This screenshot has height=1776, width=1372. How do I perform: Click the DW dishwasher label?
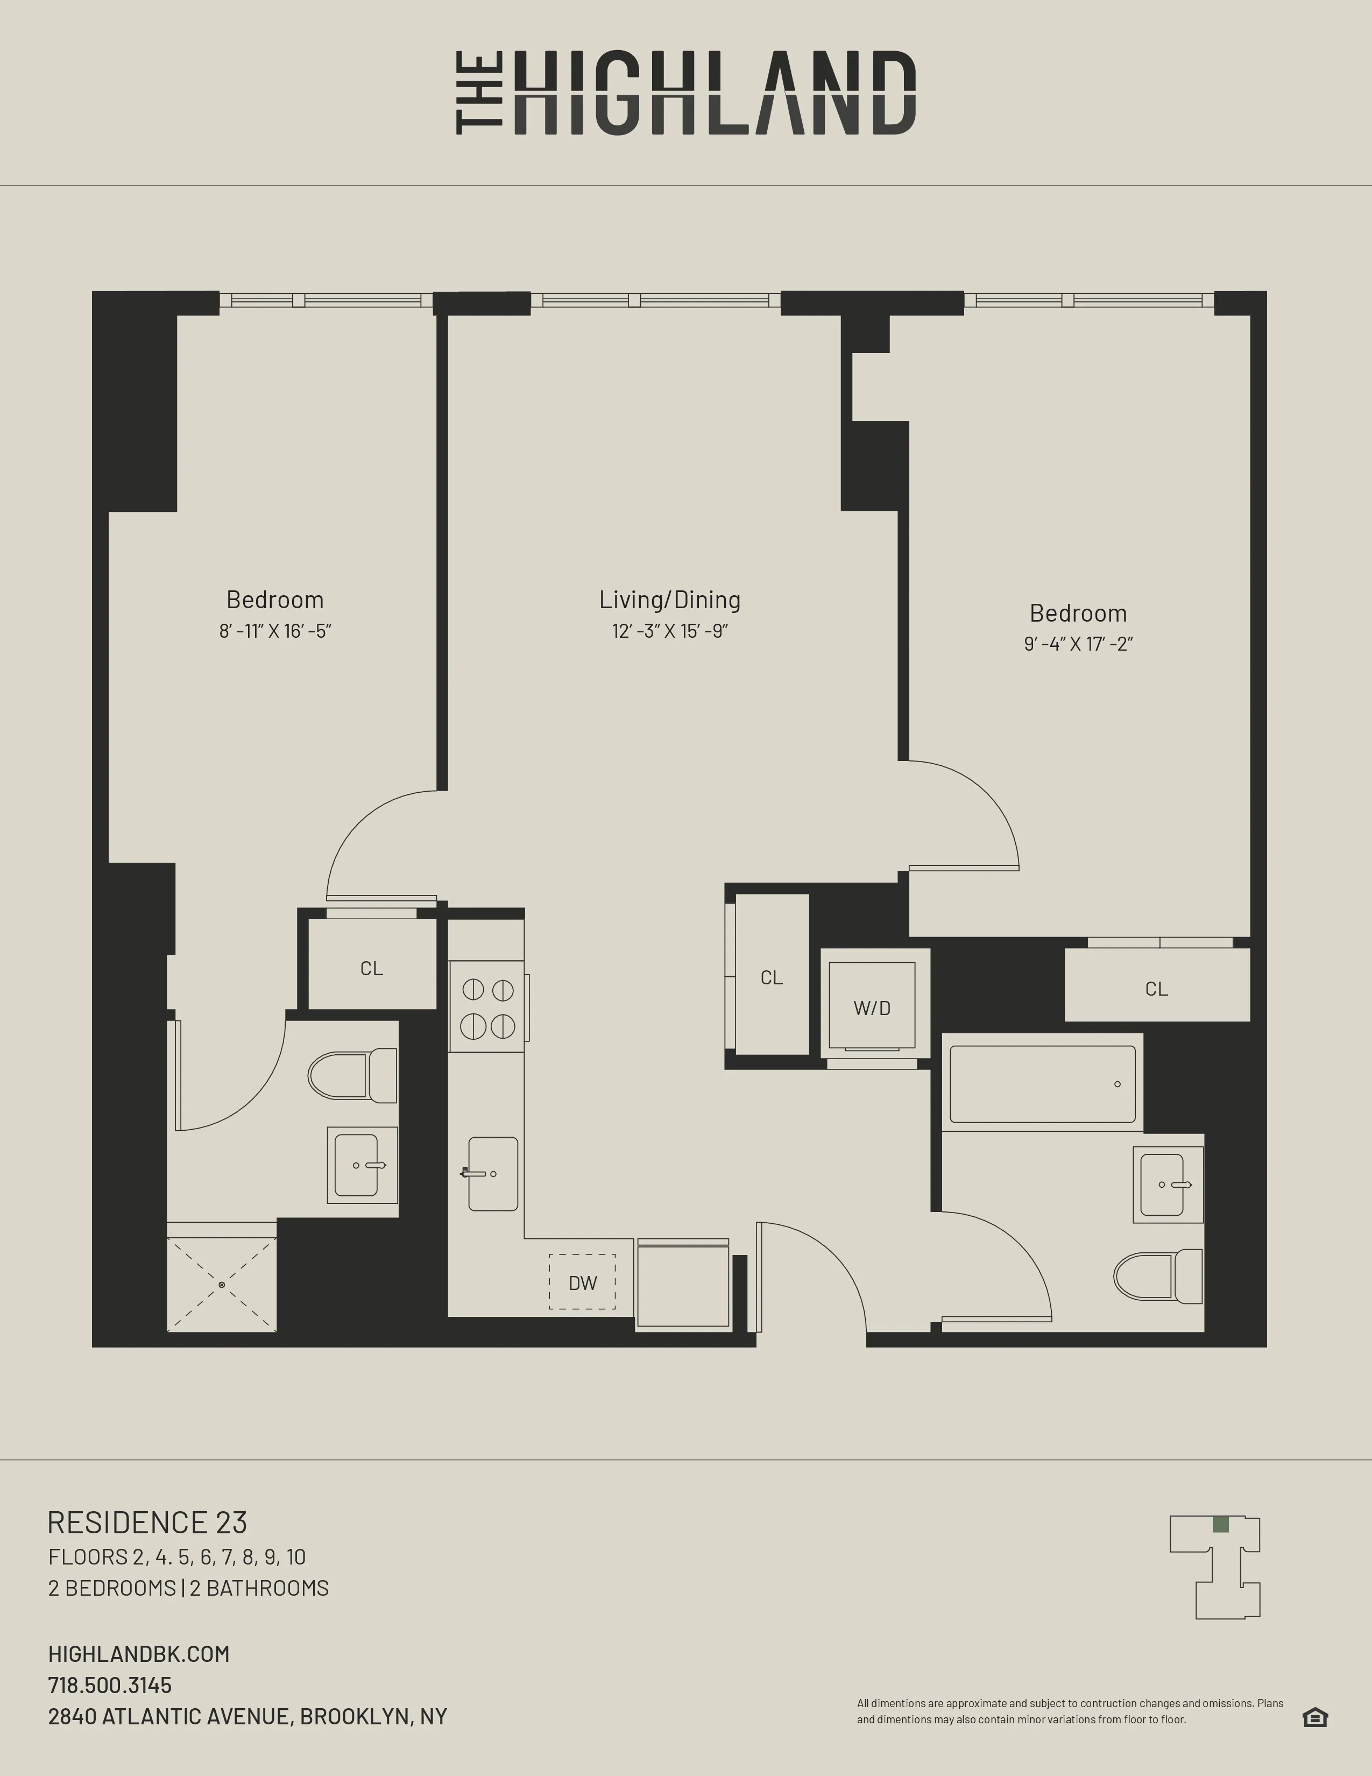(582, 1283)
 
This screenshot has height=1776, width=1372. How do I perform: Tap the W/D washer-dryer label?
(871, 1009)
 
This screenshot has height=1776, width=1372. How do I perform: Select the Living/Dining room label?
(670, 600)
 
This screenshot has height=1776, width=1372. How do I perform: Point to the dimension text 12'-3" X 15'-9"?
(670, 632)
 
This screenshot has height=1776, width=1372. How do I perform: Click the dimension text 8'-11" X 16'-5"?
(275, 632)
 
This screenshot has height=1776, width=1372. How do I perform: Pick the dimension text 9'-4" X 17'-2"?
(1078, 645)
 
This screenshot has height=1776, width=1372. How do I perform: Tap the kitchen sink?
(492, 1173)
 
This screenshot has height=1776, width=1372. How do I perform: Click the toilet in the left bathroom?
(351, 1075)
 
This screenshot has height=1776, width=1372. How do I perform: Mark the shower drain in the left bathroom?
(221, 1285)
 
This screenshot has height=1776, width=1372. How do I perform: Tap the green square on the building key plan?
(1220, 1524)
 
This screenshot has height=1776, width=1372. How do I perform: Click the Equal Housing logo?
(1314, 1717)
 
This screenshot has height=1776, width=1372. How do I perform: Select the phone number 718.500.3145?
(110, 1685)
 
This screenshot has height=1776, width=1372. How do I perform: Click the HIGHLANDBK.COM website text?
(139, 1653)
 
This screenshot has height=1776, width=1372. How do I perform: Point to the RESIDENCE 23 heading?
(147, 1523)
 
